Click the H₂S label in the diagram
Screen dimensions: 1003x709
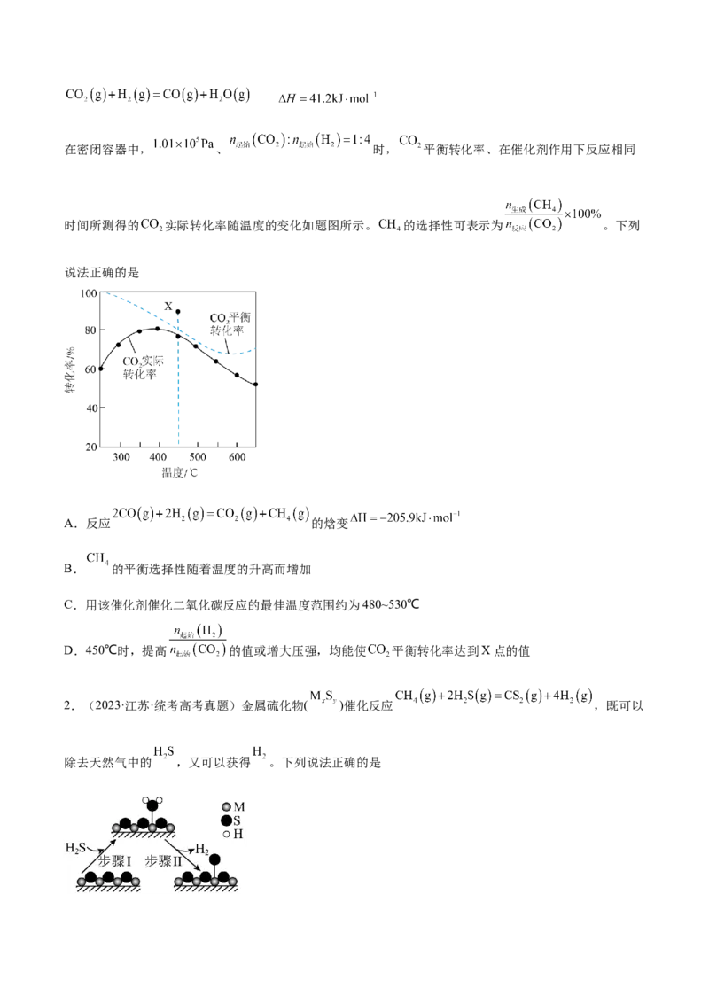pyautogui.click(x=74, y=848)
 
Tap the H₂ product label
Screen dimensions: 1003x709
pyautogui.click(x=202, y=848)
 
